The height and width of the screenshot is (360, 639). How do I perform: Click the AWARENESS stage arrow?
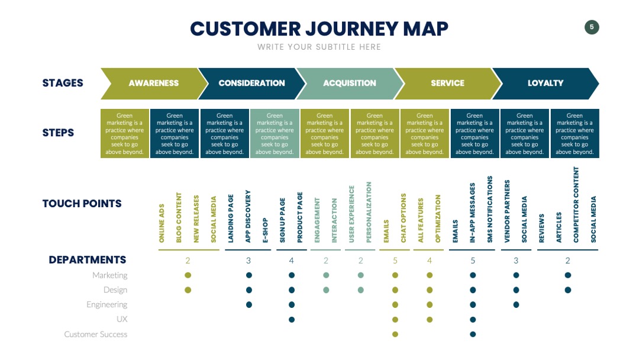coord(154,83)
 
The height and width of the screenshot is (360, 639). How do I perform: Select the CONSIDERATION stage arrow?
coord(252,83)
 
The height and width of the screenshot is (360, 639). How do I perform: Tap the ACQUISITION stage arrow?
coord(350,83)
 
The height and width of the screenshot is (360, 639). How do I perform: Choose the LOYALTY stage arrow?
coord(546,83)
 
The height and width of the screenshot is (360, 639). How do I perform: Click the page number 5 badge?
coord(592,27)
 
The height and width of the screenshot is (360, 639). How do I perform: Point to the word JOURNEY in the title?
coord(352,29)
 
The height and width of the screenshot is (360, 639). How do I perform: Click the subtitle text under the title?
coord(319,47)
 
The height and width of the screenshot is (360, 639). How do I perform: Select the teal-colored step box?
coord(275,133)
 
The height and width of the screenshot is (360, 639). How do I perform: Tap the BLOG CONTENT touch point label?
coord(179,218)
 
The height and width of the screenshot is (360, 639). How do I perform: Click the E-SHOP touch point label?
coord(265,230)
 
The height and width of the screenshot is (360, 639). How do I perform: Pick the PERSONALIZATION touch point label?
coord(369,213)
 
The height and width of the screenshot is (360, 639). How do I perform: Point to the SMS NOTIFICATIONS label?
coord(490,210)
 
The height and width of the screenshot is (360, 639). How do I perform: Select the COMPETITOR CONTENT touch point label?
coord(576,205)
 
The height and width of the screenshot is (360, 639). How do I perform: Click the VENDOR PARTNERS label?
coord(508,211)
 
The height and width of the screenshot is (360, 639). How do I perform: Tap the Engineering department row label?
coord(106,304)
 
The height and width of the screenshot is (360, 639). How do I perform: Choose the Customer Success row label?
coord(96,335)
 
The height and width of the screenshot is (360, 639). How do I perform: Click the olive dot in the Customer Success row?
coord(395,335)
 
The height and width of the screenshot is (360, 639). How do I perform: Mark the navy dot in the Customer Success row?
coord(473,335)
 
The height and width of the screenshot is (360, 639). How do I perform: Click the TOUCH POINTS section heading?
coord(82,204)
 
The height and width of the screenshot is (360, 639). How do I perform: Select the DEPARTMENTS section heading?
coord(88,260)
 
